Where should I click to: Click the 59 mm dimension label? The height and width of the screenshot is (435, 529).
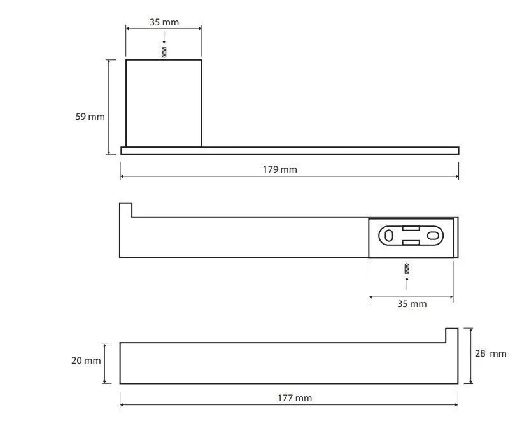click(90, 117)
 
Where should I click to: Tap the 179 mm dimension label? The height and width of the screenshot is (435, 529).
click(280, 169)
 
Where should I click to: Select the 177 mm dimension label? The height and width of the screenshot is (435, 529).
click(295, 398)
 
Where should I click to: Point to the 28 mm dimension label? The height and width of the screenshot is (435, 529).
click(491, 353)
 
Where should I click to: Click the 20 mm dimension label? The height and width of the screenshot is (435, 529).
click(86, 360)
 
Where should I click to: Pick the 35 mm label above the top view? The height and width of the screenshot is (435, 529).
click(164, 22)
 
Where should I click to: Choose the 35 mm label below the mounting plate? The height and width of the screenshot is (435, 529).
click(412, 304)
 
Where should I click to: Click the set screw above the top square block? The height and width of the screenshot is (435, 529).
click(164, 52)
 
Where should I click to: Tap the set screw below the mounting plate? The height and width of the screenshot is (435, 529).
click(407, 269)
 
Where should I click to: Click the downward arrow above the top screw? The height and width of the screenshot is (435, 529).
click(164, 38)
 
